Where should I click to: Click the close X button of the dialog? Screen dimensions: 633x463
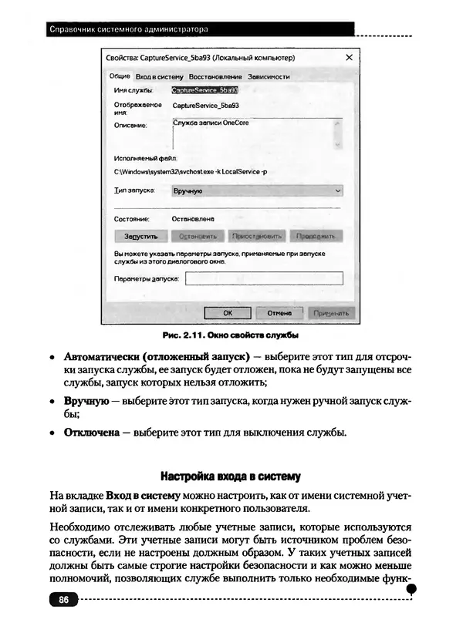point(348,58)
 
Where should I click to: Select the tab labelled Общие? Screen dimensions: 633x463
point(120,76)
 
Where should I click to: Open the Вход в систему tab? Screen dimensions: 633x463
point(159,76)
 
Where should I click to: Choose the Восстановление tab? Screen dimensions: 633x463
point(215,76)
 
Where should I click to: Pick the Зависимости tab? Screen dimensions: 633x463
point(269,76)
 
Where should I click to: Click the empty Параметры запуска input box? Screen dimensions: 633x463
point(264,278)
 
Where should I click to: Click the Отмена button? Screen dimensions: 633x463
point(279,313)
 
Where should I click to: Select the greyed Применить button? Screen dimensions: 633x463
point(331,313)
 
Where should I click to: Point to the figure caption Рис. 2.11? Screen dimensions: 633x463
point(231,336)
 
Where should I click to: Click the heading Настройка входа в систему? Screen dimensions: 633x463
point(230,475)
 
